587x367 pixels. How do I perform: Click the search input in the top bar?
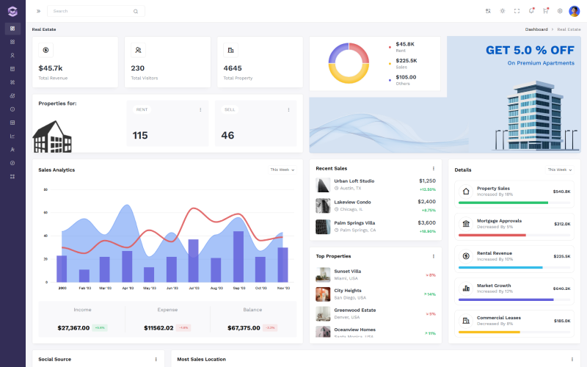(x=92, y=11)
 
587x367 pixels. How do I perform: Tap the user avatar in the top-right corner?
(x=574, y=11)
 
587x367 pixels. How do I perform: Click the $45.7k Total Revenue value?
(x=51, y=68)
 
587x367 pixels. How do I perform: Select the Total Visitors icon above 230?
(x=138, y=50)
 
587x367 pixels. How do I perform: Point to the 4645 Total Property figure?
(x=233, y=68)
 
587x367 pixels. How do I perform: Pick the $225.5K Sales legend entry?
(x=406, y=61)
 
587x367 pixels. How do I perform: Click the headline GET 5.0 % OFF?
(x=530, y=50)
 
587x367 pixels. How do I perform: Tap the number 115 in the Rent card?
(x=140, y=135)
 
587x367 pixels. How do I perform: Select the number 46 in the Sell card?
(x=227, y=135)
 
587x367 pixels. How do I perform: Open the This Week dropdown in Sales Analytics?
(x=282, y=170)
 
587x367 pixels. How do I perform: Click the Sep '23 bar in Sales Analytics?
(x=238, y=257)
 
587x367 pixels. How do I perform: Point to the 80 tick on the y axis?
(x=45, y=189)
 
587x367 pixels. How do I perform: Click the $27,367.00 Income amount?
(x=73, y=327)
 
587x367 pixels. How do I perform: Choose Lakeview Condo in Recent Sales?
(x=352, y=202)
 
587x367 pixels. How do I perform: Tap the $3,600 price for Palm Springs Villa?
(x=426, y=222)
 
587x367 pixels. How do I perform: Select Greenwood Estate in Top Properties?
(x=354, y=310)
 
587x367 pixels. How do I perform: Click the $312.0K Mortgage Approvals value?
(x=562, y=224)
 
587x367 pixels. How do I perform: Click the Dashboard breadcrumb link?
(x=536, y=29)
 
